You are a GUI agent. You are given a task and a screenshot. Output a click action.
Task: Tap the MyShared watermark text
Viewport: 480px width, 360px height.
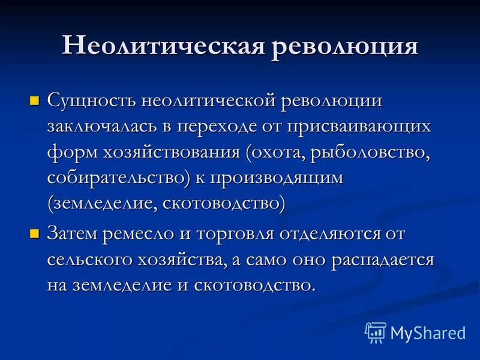[428, 332]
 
